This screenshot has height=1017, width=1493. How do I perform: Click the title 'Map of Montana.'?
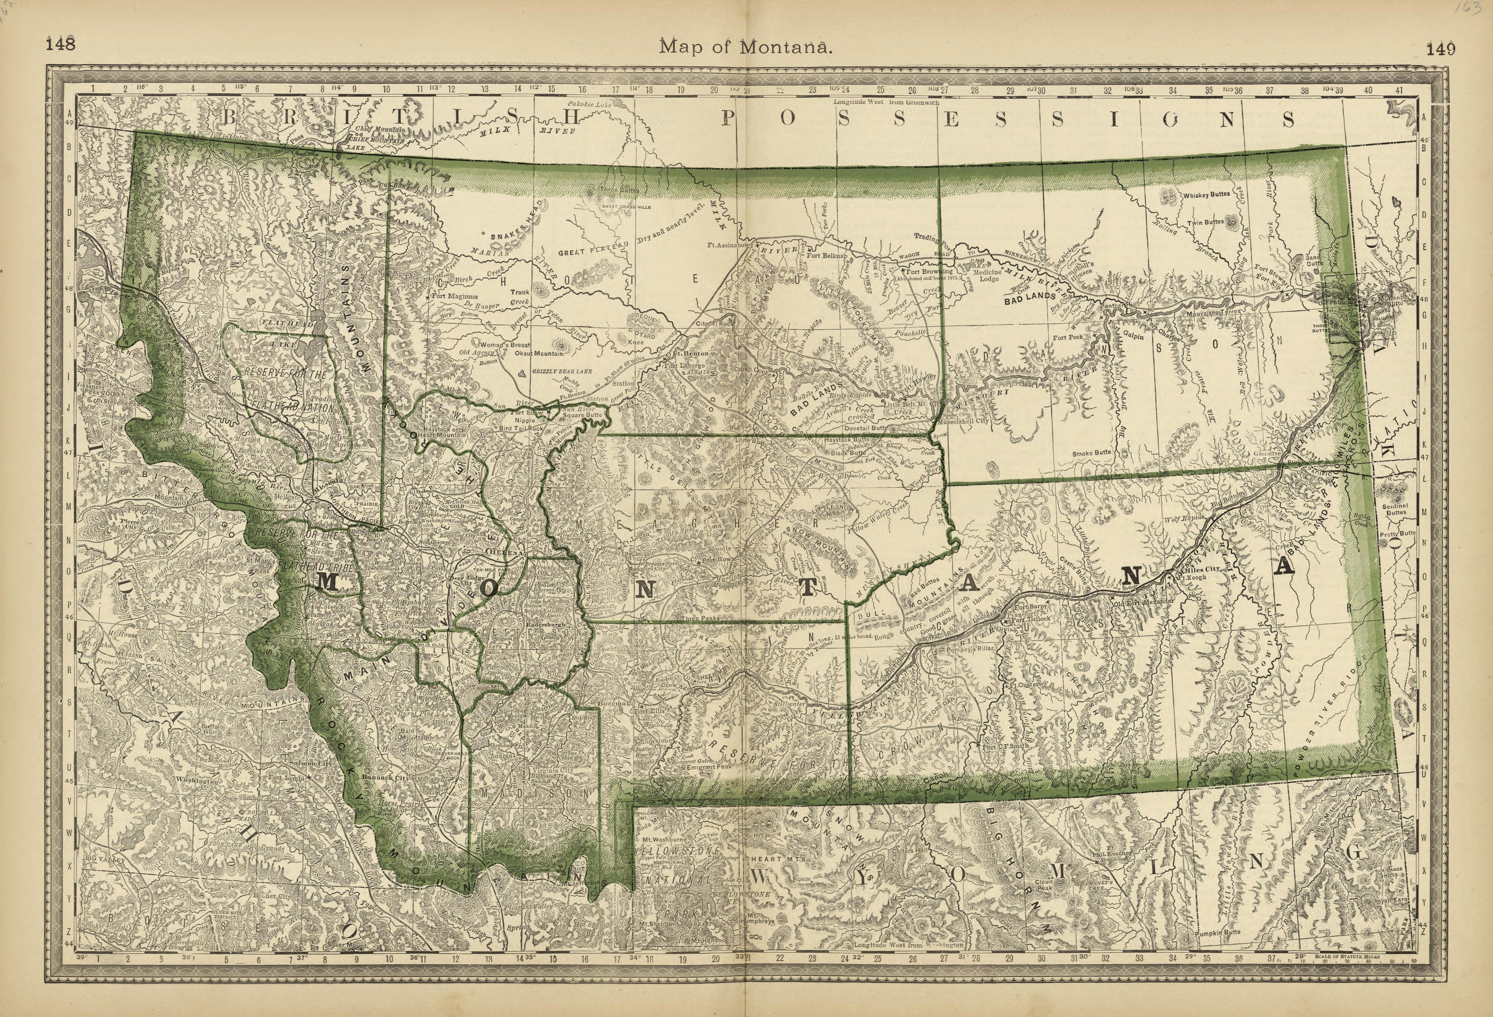pyautogui.click(x=746, y=47)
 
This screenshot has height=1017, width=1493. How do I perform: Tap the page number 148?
pyautogui.click(x=60, y=44)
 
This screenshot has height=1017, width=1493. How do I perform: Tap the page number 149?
pyautogui.click(x=1441, y=49)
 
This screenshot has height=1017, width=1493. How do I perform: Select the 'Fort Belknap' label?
pyautogui.click(x=827, y=255)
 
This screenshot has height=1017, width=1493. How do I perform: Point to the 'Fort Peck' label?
pyautogui.click(x=1068, y=337)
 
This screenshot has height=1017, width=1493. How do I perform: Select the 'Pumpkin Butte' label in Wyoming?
pyautogui.click(x=1217, y=932)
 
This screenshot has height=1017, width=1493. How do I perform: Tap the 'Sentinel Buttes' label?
pyautogui.click(x=1395, y=509)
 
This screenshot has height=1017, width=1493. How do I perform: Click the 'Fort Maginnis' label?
pyautogui.click(x=455, y=296)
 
